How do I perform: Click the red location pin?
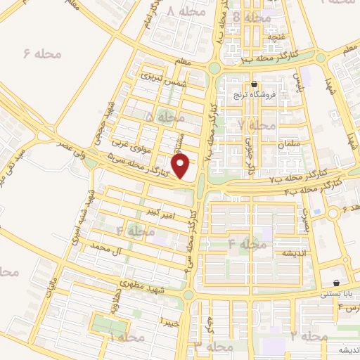pyautogui.click(x=181, y=166)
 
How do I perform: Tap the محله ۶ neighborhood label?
pyautogui.click(x=42, y=53)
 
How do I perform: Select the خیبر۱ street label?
pyautogui.click(x=169, y=321)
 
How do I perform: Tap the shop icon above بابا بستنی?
pyautogui.click(x=336, y=283)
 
